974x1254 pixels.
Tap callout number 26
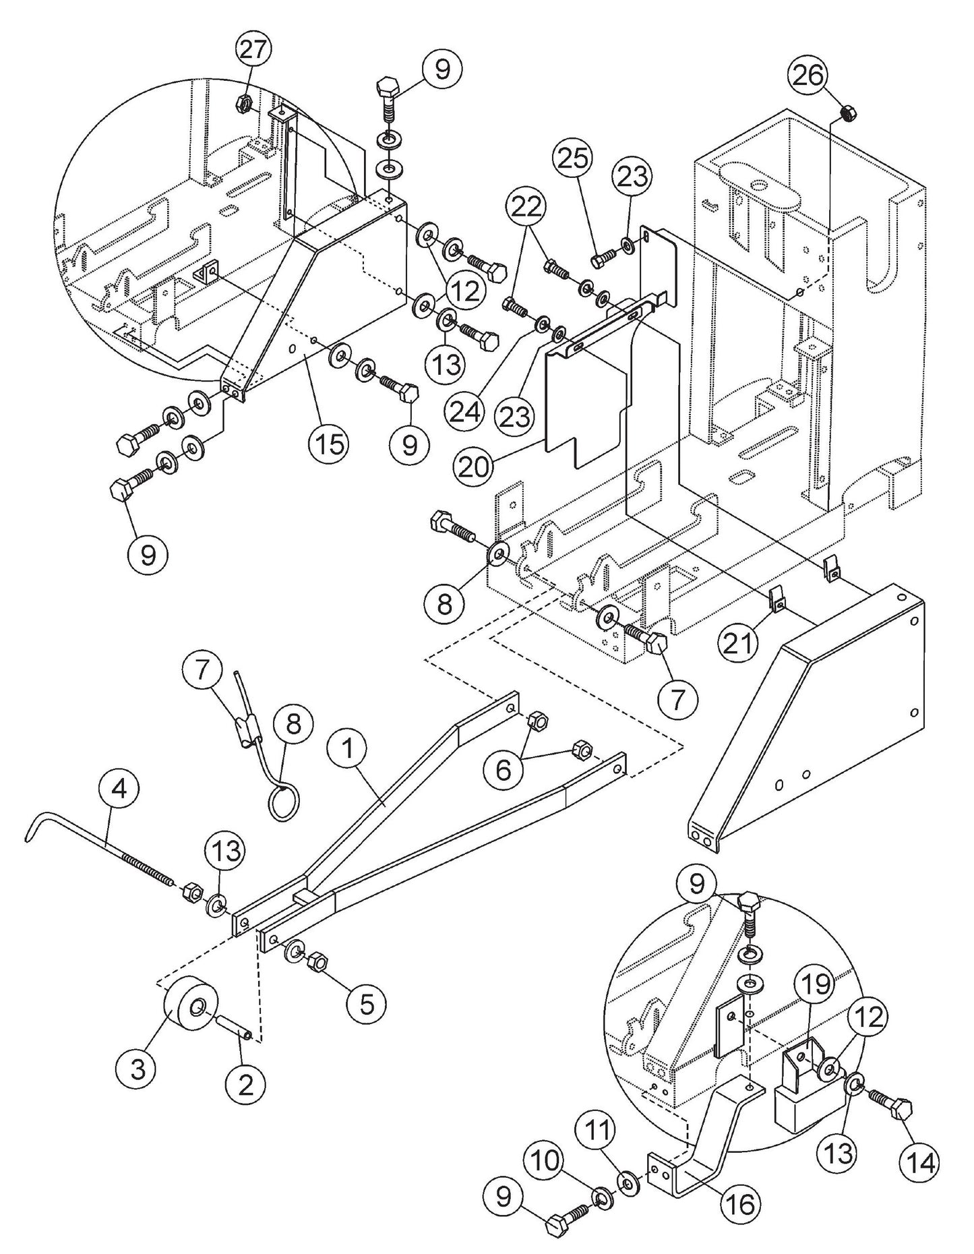coord(808,76)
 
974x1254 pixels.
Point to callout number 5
coord(367,1003)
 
